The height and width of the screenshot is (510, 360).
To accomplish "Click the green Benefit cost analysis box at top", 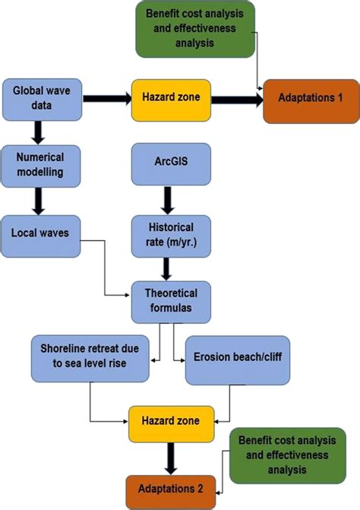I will (195, 29).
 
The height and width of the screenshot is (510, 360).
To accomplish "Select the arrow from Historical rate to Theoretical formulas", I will (166, 267).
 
